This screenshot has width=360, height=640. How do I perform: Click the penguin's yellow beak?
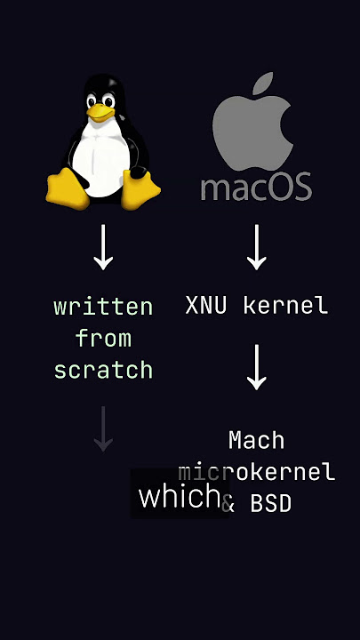100,112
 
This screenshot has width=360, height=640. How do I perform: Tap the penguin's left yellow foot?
68,189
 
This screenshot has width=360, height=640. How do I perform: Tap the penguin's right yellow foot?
140,189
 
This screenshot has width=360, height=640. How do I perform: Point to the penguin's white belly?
100,158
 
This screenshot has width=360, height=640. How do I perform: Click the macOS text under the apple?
256,187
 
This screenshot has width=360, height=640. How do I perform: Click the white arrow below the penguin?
103,247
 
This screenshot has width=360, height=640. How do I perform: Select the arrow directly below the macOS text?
257,247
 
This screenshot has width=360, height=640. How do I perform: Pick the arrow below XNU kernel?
257,367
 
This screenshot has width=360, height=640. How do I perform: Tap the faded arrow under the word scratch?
103,428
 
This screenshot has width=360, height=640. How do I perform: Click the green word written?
103,307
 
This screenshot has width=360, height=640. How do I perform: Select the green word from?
103,339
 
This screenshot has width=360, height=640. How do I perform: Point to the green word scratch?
103,370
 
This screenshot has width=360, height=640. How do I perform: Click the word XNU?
205,305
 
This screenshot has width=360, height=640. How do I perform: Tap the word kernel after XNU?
285,305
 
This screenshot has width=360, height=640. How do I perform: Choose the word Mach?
256,440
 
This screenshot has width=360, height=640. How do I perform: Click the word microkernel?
256,472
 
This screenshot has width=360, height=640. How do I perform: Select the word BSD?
271,504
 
